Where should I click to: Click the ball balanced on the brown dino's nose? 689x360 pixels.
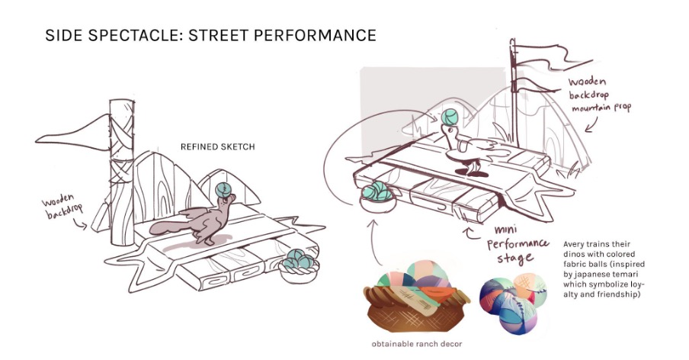point(224,189)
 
